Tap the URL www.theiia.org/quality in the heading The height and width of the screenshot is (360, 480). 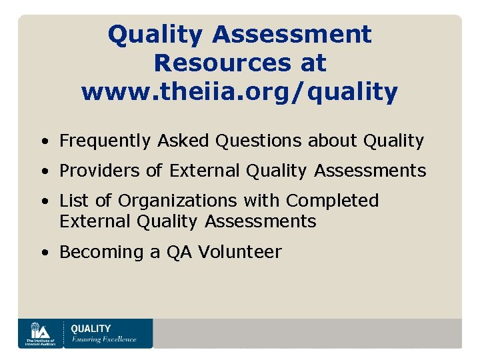click(x=239, y=92)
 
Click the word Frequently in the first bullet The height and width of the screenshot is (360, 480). click(x=105, y=141)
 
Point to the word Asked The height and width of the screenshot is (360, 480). click(x=183, y=141)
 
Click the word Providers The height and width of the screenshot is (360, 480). click(x=101, y=171)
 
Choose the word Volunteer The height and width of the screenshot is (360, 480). click(x=240, y=252)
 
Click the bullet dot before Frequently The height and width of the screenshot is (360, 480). click(x=43, y=141)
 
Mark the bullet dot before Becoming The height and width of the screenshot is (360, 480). click(x=43, y=253)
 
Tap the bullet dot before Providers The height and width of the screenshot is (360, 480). click(x=43, y=171)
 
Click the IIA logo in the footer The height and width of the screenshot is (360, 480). click(x=41, y=333)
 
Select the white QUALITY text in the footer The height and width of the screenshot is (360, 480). click(x=91, y=329)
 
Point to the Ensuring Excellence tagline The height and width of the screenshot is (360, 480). click(x=103, y=339)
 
